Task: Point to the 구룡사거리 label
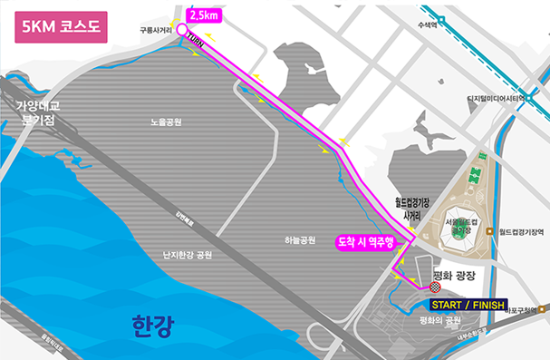pyautogui.click(x=156, y=29)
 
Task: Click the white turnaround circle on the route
pyautogui.click(x=181, y=30)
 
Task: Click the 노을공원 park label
pyautogui.click(x=167, y=122)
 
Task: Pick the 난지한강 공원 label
pyautogui.click(x=187, y=256)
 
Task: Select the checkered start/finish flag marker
pyautogui.click(x=436, y=288)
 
